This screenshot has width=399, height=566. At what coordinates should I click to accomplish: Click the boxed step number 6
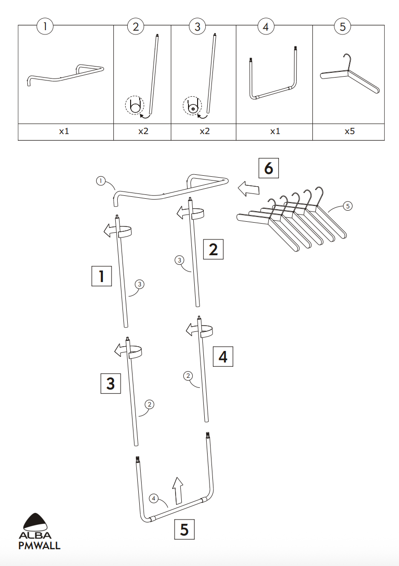pos(268,168)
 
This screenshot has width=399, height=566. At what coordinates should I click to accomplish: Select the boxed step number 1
pos(101,276)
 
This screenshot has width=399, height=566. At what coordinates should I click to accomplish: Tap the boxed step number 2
pos(213,249)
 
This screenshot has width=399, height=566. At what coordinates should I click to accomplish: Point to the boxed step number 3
pos(111,384)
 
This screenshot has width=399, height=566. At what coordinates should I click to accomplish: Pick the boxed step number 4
pos(223,357)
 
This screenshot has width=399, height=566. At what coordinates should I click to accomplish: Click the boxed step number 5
pos(184,529)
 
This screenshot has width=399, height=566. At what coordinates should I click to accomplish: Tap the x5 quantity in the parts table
pos(349,131)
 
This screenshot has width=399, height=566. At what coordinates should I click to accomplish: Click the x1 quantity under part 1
pos(64,131)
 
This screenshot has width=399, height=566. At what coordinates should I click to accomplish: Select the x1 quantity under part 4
pos(275,131)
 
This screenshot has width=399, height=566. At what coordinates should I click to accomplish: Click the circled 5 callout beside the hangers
pos(348,206)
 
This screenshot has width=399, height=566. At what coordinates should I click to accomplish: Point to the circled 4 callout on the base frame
pos(154,498)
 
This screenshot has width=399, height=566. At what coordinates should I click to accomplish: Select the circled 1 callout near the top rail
pos(100,181)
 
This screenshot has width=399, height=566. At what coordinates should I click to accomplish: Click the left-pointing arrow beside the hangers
pos(248,188)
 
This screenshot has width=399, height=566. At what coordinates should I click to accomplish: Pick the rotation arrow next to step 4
pos(198,329)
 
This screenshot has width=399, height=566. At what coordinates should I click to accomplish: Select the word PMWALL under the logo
pos(39,545)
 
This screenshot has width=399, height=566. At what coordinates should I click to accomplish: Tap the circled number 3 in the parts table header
pos(198,26)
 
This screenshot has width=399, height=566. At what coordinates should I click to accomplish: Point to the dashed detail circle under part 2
pos(134,105)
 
